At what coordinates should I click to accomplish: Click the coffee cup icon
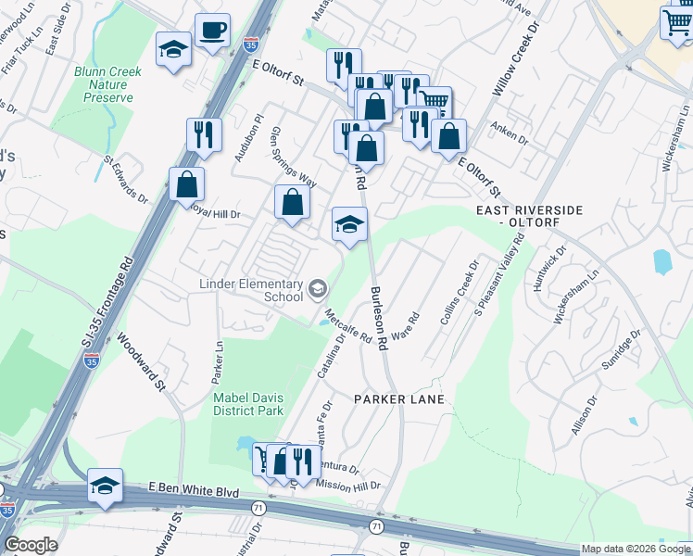(x=212, y=31)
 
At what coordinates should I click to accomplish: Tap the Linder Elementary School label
(x=251, y=290)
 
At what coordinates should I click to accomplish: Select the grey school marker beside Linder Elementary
(x=318, y=290)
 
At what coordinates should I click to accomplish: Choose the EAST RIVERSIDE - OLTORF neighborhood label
(x=529, y=217)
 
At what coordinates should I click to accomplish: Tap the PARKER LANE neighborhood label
(x=399, y=399)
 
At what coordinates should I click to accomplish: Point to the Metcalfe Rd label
(x=349, y=323)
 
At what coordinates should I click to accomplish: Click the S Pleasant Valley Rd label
(x=499, y=272)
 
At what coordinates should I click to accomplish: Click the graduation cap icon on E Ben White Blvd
(x=106, y=486)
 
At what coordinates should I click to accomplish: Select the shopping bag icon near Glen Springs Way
(x=292, y=203)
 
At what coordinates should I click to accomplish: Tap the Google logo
(x=31, y=545)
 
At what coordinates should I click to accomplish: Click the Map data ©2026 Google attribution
(x=636, y=550)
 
